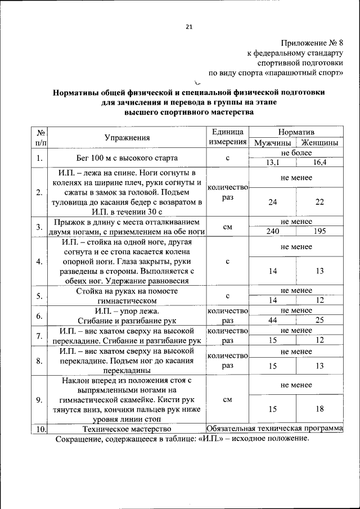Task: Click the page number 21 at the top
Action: pyautogui.click(x=189, y=26)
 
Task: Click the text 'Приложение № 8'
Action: pyautogui.click(x=311, y=42)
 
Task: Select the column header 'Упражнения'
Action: pyautogui.click(x=127, y=137)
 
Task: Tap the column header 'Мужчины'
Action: pyautogui.click(x=272, y=143)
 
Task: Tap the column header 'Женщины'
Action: pyautogui.click(x=319, y=143)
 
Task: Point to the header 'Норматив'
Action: pyautogui.click(x=296, y=131)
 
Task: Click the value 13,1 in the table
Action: pyautogui.click(x=272, y=163)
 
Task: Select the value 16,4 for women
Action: pyautogui.click(x=319, y=163)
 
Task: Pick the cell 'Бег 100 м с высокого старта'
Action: pyautogui.click(x=127, y=158)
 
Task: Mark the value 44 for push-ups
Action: pyautogui.click(x=272, y=320)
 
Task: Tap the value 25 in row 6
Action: pyautogui.click(x=319, y=320)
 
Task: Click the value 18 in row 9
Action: pyautogui.click(x=319, y=409)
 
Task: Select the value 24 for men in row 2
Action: pyautogui.click(x=272, y=201)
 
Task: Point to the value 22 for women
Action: pyautogui.click(x=319, y=201)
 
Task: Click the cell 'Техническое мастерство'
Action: pyautogui.click(x=127, y=429)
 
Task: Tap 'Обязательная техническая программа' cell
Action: pyautogui.click(x=274, y=429)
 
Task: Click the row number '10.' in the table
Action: pyautogui.click(x=40, y=429)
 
